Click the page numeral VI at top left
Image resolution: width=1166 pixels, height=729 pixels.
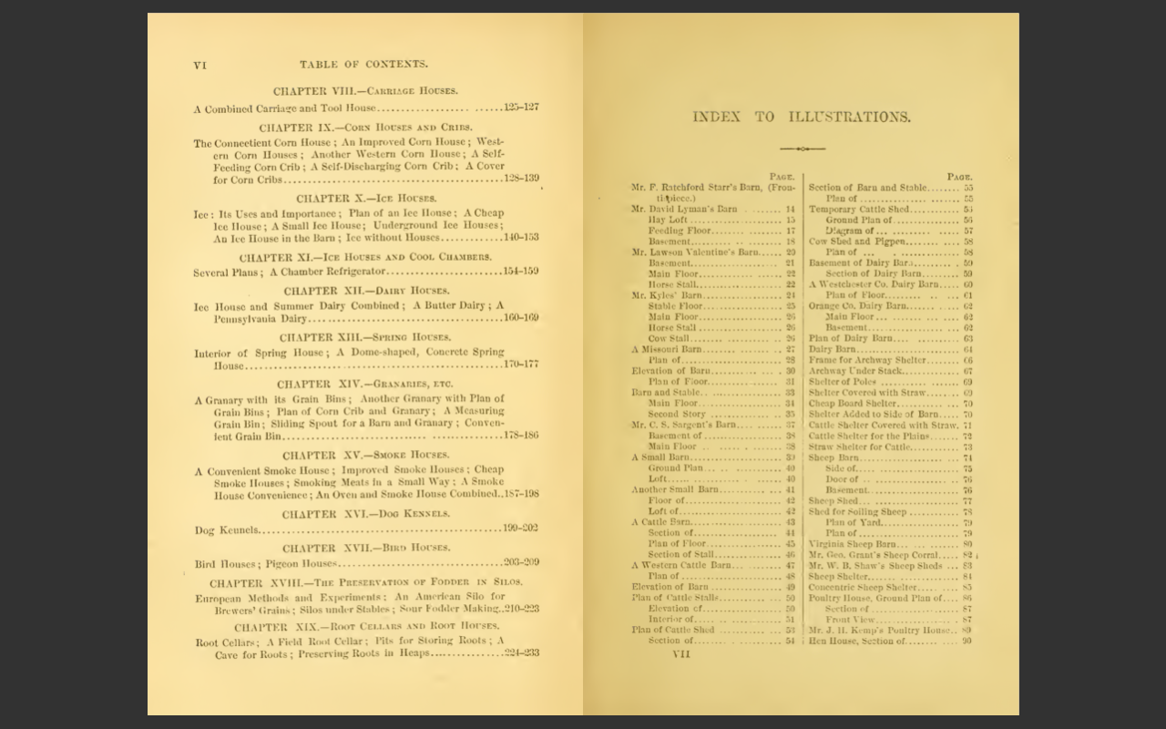[x=200, y=65]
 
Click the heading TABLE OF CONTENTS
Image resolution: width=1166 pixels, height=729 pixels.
[x=363, y=65]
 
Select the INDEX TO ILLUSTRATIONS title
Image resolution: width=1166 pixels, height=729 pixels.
[x=801, y=117]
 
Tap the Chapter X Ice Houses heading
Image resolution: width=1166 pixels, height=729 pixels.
[x=365, y=198]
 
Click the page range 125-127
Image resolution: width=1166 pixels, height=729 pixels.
[x=521, y=108]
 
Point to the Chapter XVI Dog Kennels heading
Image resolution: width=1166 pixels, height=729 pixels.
[x=365, y=514]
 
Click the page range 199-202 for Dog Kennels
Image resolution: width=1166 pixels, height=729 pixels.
[x=520, y=529]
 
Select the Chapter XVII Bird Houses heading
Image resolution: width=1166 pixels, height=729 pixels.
[x=365, y=549]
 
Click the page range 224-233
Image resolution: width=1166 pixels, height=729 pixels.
[x=521, y=653]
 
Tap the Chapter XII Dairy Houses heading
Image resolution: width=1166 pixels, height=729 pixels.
[x=365, y=292]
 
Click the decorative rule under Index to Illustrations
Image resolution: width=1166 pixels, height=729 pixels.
[x=802, y=149]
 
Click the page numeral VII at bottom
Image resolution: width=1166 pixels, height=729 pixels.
[x=681, y=653]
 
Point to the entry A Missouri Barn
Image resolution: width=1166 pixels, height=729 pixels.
[x=667, y=349]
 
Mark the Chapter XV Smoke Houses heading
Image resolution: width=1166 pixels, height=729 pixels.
[x=365, y=456]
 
